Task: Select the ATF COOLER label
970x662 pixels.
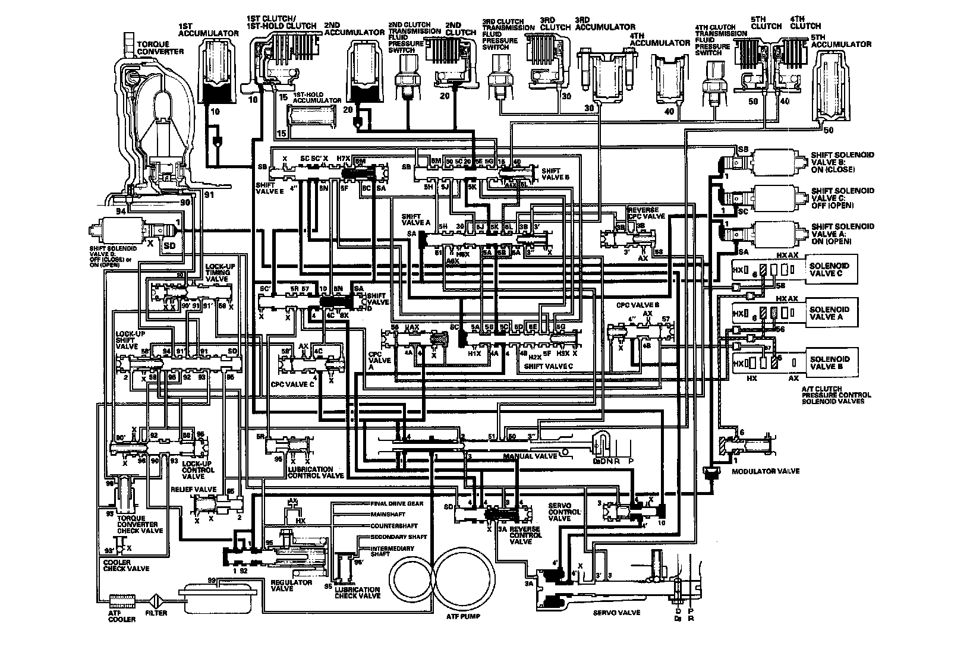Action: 121,616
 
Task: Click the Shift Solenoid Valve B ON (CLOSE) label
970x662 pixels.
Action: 842,162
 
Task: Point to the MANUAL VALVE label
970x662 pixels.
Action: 530,456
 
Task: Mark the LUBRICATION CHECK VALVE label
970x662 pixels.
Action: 357,592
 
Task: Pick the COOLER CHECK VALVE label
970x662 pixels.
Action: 126,565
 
